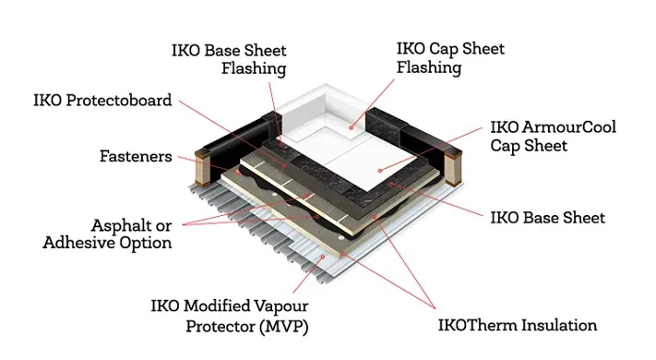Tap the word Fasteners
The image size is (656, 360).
pos(136,156)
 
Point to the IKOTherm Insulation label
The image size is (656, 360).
pos(517,325)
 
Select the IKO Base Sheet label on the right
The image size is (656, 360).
pos(546,218)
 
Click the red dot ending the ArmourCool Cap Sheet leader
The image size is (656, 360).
pos(380,170)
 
